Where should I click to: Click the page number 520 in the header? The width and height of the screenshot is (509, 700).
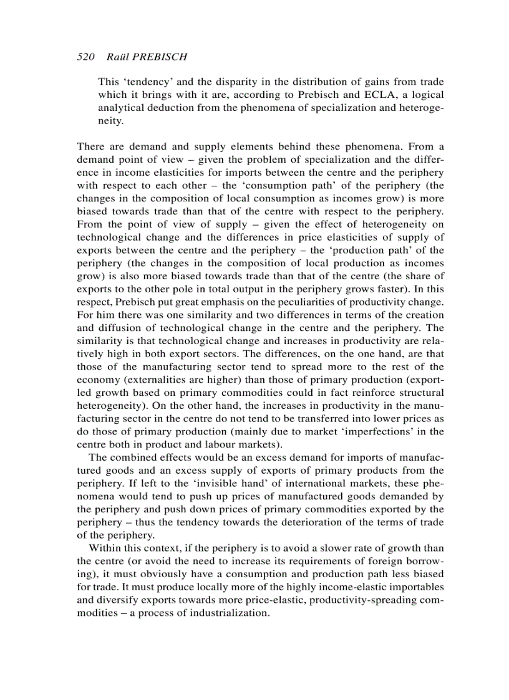pyautogui.click(x=85, y=57)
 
